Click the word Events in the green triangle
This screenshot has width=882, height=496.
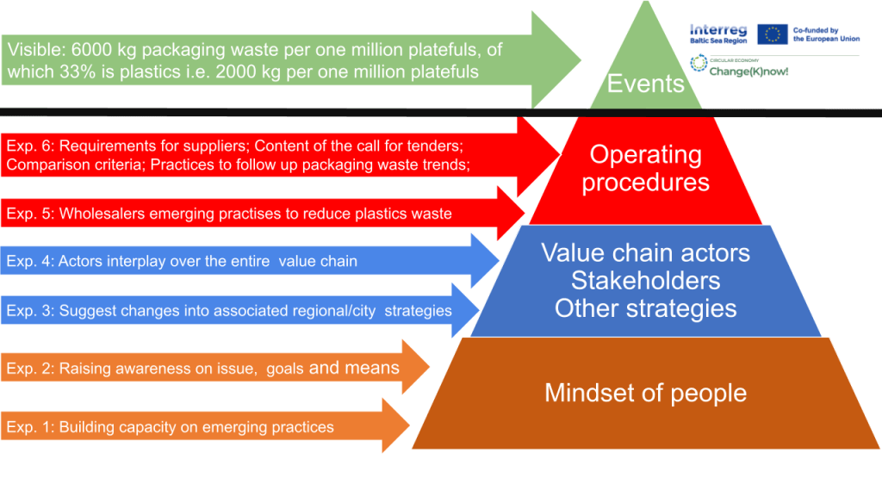(x=645, y=83)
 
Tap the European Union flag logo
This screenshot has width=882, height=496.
(x=773, y=34)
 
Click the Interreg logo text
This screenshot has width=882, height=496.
(x=718, y=29)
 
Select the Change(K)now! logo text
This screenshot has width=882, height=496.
(x=750, y=71)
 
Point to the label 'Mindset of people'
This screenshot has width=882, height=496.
(x=645, y=394)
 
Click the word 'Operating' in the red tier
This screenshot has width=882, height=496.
(x=645, y=155)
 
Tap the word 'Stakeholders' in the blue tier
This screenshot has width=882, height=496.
(x=645, y=281)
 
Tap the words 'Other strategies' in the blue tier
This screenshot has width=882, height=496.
(x=645, y=308)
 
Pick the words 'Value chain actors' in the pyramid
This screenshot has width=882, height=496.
(x=645, y=253)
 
